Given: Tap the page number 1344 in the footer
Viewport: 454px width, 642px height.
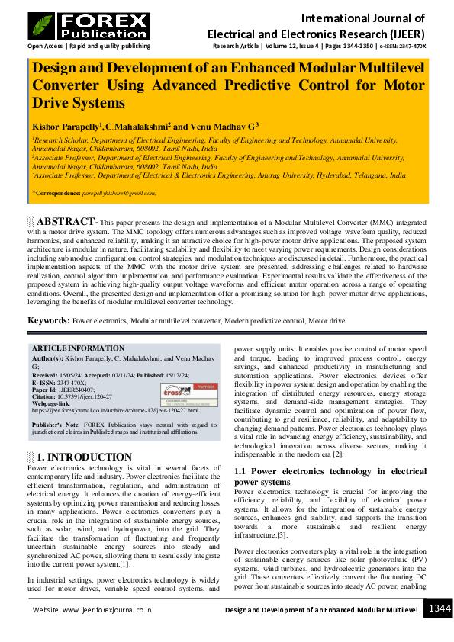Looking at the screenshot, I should coord(439,609).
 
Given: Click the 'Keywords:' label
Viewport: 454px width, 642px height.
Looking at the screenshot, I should coord(49,320).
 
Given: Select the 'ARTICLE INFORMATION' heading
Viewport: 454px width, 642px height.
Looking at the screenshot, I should coord(78,348).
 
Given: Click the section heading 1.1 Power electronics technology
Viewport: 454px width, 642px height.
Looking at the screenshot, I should coord(330,477).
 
